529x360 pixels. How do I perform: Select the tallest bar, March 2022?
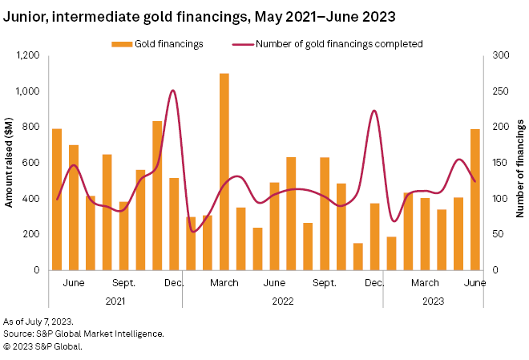[x=224, y=172]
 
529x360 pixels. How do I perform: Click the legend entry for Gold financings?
[x=157, y=43]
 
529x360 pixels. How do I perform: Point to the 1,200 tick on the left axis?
[x=27, y=55]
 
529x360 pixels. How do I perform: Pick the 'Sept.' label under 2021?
[x=123, y=283]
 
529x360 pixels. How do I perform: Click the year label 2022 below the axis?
[x=282, y=301]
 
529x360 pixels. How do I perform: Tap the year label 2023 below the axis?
[x=433, y=301]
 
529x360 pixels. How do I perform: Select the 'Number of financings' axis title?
[x=520, y=163]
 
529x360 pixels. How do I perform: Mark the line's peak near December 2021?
[x=173, y=91]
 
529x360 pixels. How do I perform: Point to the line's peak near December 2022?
[x=374, y=111]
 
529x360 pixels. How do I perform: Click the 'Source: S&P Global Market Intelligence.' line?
[x=84, y=334]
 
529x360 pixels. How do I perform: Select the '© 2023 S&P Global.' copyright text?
[x=42, y=346]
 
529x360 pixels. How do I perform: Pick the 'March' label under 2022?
[x=224, y=283]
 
